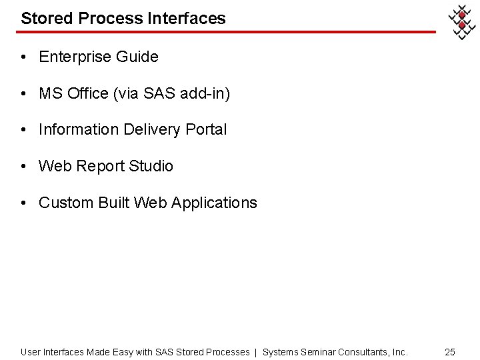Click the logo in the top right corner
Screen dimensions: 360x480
click(461, 23)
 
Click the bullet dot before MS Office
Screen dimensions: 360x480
click(23, 94)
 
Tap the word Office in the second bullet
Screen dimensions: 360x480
click(88, 94)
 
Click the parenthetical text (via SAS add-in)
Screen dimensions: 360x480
click(171, 94)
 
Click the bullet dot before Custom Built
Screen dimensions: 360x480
click(23, 203)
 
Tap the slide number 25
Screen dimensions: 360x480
click(450, 352)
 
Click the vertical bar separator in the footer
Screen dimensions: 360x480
click(256, 352)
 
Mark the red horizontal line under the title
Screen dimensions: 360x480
click(227, 31)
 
